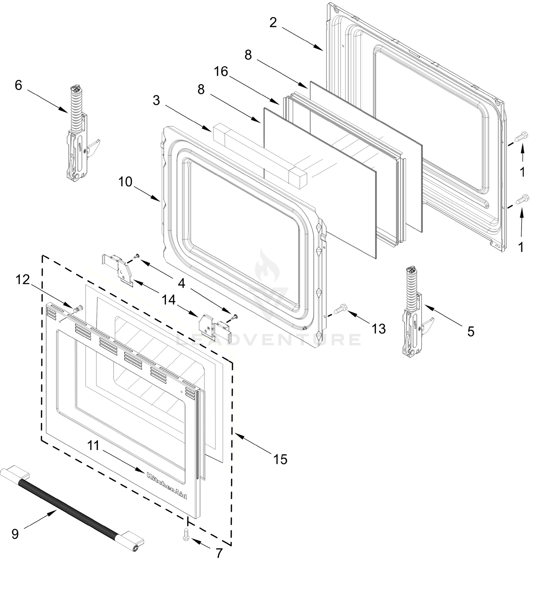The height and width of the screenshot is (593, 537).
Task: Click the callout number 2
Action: tap(273, 23)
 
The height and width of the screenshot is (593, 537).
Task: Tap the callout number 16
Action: tap(221, 71)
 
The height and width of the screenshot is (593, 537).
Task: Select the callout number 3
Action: tap(156, 101)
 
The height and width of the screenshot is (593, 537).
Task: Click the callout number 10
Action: tap(125, 182)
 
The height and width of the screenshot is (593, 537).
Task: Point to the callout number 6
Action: tap(18, 85)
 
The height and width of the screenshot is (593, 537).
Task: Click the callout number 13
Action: tap(379, 329)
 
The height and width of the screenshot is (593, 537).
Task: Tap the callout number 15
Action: tap(280, 460)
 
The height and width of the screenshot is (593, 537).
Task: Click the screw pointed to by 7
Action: tap(186, 533)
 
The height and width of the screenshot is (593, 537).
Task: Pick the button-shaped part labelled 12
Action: tap(79, 309)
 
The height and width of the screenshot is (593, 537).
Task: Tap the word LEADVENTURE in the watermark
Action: tap(268, 340)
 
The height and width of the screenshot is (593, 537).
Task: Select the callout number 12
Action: tap(23, 280)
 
